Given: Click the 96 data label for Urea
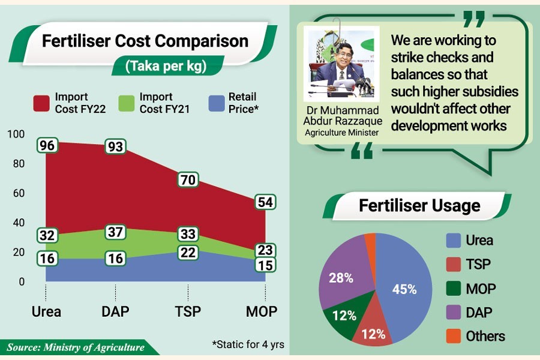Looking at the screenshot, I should (x=47, y=145).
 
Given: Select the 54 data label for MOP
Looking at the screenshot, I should (x=265, y=202).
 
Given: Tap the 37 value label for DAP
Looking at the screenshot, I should (x=116, y=232).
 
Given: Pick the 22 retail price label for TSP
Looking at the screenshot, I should (x=188, y=253).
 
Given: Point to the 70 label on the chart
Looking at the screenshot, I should (x=188, y=179).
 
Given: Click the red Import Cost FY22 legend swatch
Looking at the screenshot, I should (x=41, y=103).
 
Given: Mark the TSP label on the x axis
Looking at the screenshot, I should (x=188, y=311).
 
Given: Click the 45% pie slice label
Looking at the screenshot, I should (x=404, y=289).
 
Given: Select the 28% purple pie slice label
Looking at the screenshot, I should (x=340, y=278).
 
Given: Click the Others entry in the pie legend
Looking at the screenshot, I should (x=485, y=336).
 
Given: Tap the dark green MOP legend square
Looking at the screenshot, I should (x=454, y=289).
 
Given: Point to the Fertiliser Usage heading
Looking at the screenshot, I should (x=419, y=206).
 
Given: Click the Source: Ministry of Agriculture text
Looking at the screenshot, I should (x=76, y=347).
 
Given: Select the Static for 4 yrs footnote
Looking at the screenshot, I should (x=248, y=345).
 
